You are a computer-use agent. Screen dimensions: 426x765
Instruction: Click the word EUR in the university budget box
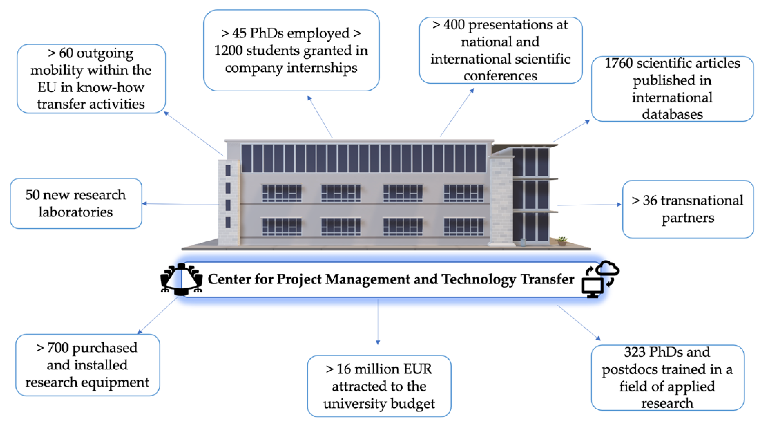click(417, 369)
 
